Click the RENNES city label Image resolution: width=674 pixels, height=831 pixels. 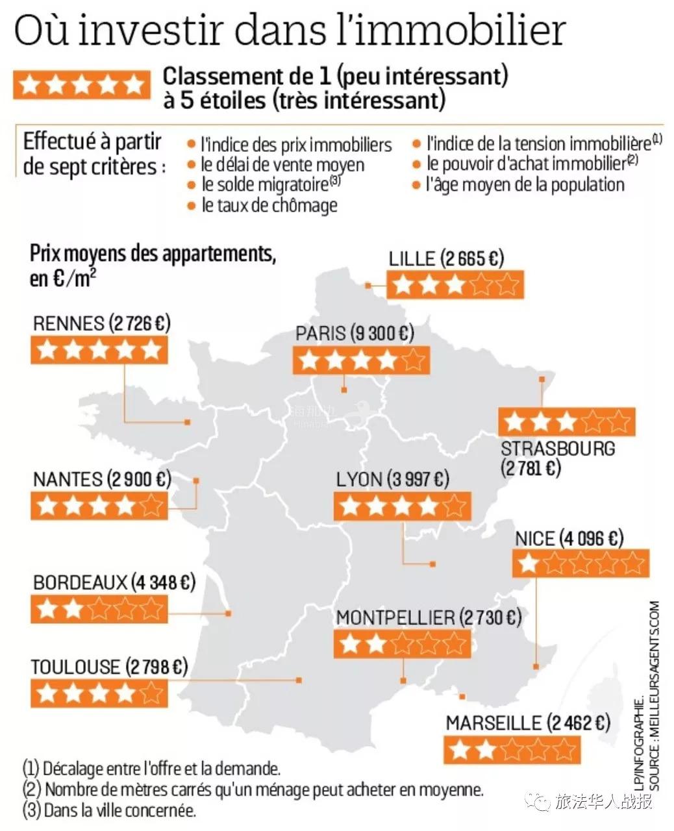coord(68,323)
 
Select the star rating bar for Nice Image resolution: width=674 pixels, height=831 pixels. coord(580,564)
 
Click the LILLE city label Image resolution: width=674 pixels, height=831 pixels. coord(412,258)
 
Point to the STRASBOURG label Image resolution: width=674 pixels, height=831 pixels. coord(558,448)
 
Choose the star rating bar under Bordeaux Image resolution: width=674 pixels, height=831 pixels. coord(99,609)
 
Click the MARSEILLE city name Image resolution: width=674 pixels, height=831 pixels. coord(493,723)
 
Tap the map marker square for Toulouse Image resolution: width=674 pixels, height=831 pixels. coord(299,680)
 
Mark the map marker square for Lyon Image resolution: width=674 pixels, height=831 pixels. coord(434,564)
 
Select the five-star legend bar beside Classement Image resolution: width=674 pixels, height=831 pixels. coord(81,85)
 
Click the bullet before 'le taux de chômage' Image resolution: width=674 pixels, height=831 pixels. coord(191,206)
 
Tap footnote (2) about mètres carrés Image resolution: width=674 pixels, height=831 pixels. coord(253,790)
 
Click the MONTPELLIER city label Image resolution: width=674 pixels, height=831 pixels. coord(395,617)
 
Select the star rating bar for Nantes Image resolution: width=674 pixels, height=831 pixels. coord(99,505)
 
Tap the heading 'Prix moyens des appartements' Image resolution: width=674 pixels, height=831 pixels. coord(153,254)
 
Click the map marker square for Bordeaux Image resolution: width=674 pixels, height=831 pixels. coord(228,614)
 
